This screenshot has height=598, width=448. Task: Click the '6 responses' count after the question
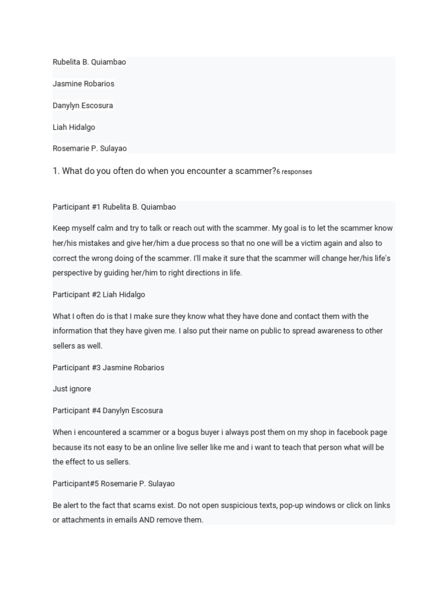pyautogui.click(x=294, y=172)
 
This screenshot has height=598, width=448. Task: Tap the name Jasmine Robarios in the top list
pyautogui.click(x=83, y=84)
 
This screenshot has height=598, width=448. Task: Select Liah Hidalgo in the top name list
pyautogui.click(x=73, y=127)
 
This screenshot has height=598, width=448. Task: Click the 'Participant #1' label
pyautogui.click(x=76, y=207)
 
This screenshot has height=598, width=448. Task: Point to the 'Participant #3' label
pyautogui.click(x=76, y=367)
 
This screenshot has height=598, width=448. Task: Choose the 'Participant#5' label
pyautogui.click(x=75, y=484)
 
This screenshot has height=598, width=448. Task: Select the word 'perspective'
pyautogui.click(x=73, y=273)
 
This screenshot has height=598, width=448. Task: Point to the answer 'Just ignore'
pyautogui.click(x=72, y=389)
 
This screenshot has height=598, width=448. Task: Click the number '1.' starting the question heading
pyautogui.click(x=56, y=171)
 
